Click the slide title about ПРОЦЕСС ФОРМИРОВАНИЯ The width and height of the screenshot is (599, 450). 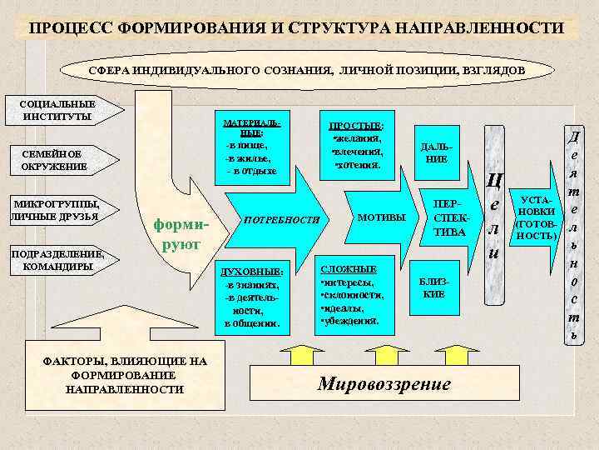tap(297, 28)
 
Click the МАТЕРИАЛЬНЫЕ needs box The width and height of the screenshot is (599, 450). tap(251, 147)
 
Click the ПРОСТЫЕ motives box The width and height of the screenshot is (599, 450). tap(356, 142)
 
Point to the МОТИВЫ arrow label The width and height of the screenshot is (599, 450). tap(380, 217)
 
